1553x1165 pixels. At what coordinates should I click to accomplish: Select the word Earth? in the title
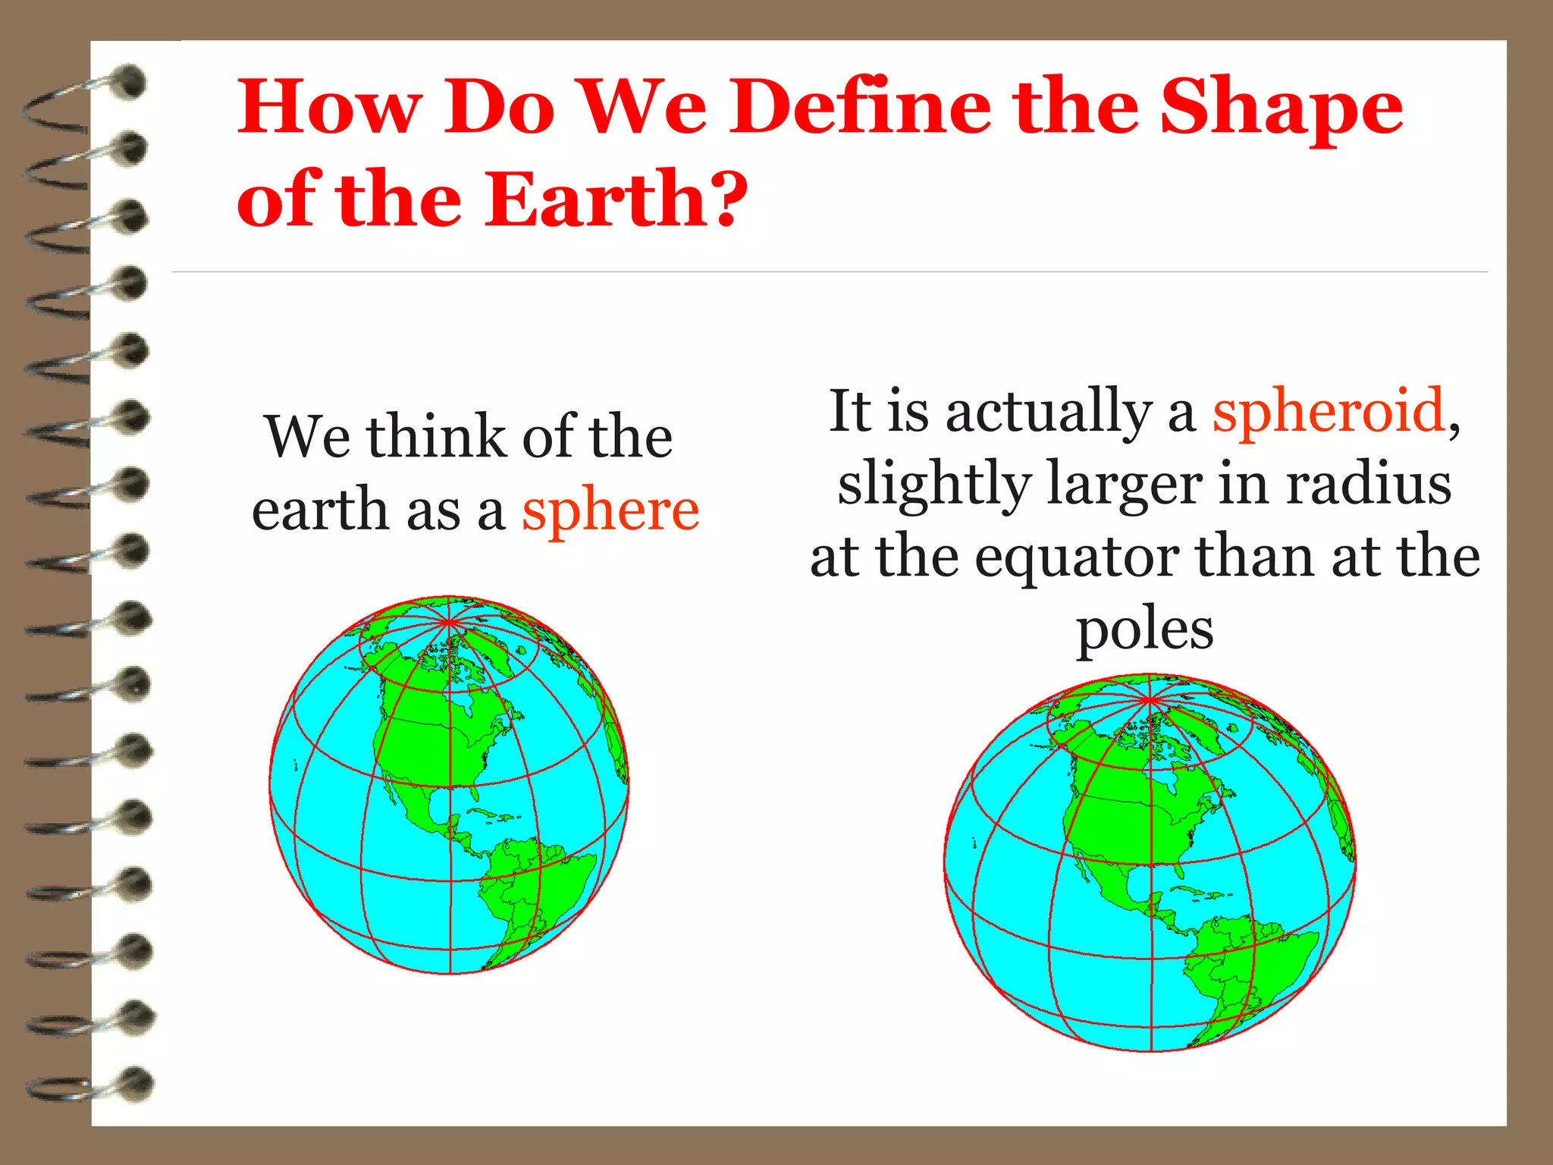coord(615,199)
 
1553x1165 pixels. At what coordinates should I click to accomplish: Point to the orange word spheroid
coord(1328,412)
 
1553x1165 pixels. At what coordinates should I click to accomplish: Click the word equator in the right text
coord(1077,559)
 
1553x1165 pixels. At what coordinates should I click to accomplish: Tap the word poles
coord(1144,631)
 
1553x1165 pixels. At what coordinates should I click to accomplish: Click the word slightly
coord(934,485)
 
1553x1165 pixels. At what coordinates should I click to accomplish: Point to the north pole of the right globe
coord(1150,699)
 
